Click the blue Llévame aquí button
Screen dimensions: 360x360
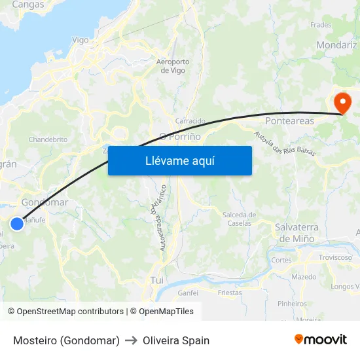(x=179, y=160)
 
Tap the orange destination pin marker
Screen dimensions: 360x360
(x=342, y=103)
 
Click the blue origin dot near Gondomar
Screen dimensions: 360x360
(x=17, y=224)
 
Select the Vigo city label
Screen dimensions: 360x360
(x=80, y=40)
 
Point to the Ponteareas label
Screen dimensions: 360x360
(x=289, y=121)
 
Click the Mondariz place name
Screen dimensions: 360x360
(x=336, y=45)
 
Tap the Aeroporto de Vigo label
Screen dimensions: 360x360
(x=173, y=66)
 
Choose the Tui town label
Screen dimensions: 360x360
(x=156, y=279)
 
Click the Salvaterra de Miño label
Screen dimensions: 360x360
(x=297, y=232)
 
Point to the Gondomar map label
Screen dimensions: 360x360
(x=45, y=202)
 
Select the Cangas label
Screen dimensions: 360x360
(x=28, y=5)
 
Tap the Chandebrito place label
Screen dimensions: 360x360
(x=48, y=139)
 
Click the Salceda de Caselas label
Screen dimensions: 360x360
(x=240, y=219)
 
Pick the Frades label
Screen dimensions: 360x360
(x=321, y=25)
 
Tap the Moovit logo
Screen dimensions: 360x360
(x=321, y=339)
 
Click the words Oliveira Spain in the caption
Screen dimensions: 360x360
(x=176, y=340)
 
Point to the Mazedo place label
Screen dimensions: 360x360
(x=304, y=278)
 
